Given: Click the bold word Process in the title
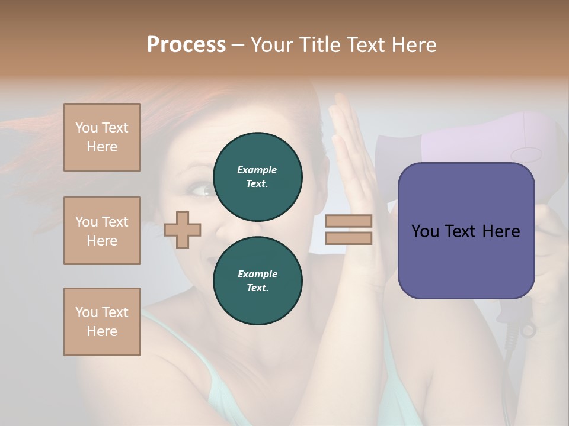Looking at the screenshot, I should [x=186, y=45].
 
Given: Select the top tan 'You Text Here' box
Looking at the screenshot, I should [x=102, y=137].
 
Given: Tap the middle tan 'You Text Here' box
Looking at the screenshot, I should [x=102, y=231].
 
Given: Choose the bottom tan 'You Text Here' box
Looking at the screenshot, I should [x=102, y=322].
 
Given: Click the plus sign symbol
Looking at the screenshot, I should [x=183, y=230].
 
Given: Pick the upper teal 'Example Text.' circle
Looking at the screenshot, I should [x=257, y=176].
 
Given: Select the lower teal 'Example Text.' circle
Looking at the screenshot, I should [x=257, y=280].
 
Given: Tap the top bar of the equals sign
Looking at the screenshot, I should [x=349, y=221].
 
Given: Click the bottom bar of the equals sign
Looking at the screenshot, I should [x=349, y=238].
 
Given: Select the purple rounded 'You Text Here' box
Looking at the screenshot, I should [x=466, y=231].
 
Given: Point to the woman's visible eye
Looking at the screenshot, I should [x=200, y=191].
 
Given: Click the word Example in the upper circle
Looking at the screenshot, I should [x=257, y=170].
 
